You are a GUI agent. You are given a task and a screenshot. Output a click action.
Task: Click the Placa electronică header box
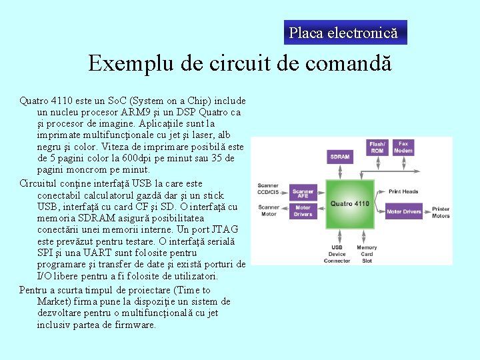click(x=344, y=32)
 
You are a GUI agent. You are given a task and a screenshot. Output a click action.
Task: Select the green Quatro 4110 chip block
click(x=349, y=203)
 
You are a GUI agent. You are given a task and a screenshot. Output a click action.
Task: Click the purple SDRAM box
click(x=339, y=157)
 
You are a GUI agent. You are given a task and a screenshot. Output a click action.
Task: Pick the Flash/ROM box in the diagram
click(x=377, y=147)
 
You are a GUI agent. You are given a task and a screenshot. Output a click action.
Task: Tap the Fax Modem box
click(x=403, y=147)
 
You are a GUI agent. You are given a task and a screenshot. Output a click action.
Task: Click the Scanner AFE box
click(x=303, y=193)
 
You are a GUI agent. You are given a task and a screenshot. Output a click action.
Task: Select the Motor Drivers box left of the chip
click(x=303, y=211)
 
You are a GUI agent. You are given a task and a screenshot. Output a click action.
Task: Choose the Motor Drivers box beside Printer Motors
click(x=403, y=212)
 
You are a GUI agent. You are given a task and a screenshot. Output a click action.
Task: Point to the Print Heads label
click(x=403, y=192)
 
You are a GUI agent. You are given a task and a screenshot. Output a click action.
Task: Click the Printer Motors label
click(x=441, y=212)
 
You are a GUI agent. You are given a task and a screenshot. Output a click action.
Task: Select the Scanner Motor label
click(x=269, y=211)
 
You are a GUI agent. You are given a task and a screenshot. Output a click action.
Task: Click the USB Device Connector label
click(x=337, y=254)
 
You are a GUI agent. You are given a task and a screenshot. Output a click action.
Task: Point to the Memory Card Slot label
click(x=366, y=254)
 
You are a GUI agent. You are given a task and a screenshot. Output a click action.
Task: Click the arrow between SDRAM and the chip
click(x=339, y=171)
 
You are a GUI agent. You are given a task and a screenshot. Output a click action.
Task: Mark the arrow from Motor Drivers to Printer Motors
click(x=426, y=212)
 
